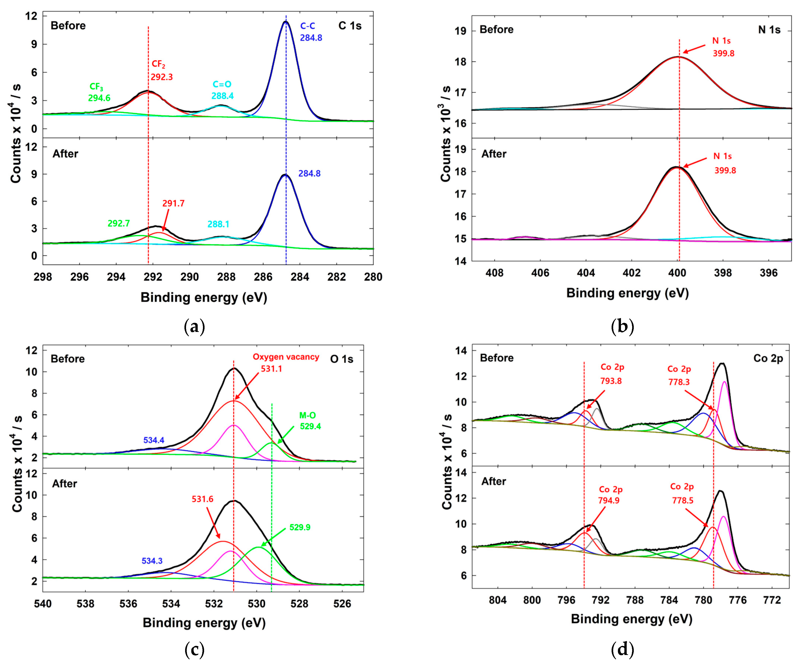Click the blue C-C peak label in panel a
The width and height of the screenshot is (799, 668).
coord(307,26)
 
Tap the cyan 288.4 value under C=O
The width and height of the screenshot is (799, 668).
coord(222,96)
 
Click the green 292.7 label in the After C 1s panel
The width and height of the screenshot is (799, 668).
coord(118,223)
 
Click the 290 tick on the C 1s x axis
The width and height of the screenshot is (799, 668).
coord(189,277)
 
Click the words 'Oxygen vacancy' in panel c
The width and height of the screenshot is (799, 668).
coord(286,357)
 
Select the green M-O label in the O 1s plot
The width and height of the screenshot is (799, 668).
coord(307,415)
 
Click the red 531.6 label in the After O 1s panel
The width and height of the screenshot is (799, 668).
coord(202,499)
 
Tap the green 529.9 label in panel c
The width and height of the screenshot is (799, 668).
coord(300,527)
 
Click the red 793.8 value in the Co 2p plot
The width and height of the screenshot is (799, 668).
coord(611,381)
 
